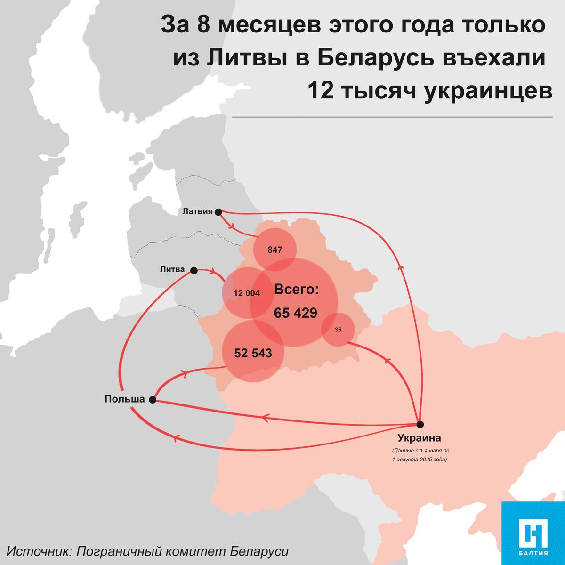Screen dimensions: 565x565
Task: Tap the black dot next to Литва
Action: pos(194,270)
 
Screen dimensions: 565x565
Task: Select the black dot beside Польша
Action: pos(152,400)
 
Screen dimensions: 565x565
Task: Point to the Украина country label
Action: pos(419,438)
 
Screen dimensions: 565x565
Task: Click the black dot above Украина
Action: pos(420,424)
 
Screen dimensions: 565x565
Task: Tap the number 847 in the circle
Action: pos(275,250)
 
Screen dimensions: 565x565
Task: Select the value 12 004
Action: pos(246,293)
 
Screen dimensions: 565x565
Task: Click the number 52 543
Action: pos(253,353)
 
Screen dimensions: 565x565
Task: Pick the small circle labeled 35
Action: pos(338,330)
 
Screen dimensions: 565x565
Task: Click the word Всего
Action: pos(296,290)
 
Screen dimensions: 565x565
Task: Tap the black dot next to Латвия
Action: pos(218,212)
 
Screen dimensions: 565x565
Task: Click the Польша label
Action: pos(124,399)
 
